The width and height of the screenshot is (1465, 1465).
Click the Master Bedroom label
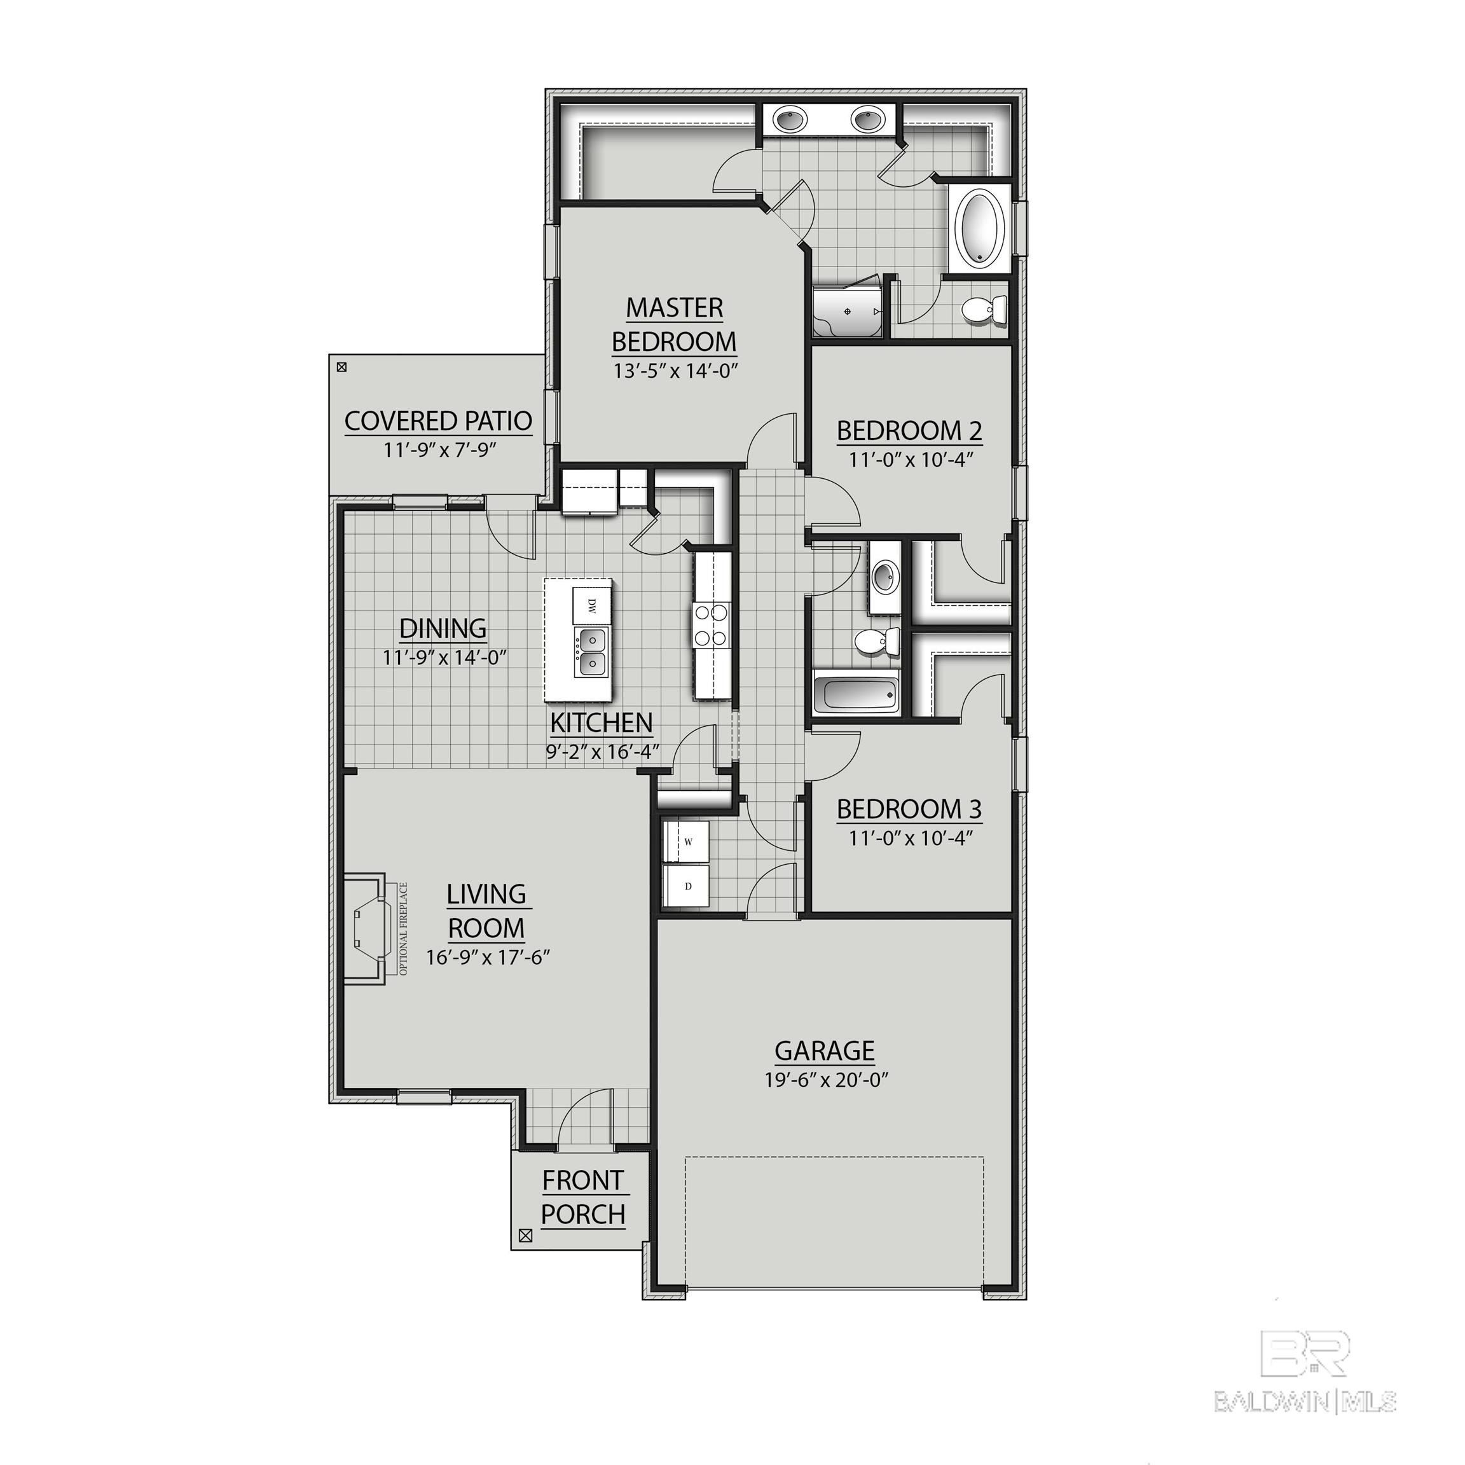click(x=673, y=324)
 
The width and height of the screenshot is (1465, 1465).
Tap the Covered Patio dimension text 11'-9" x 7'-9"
click(x=439, y=450)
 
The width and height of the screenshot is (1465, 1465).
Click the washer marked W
click(x=687, y=842)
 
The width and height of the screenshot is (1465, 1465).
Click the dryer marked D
click(x=687, y=886)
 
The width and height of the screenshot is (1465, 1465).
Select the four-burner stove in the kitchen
click(x=710, y=624)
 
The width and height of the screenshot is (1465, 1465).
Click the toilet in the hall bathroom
click(x=876, y=642)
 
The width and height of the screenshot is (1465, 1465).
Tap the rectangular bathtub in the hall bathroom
click(x=857, y=693)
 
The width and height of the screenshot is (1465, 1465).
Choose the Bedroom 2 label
click(x=909, y=430)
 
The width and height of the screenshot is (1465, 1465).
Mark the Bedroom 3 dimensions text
click(x=909, y=838)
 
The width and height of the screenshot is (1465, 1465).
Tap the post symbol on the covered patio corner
click(x=342, y=368)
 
